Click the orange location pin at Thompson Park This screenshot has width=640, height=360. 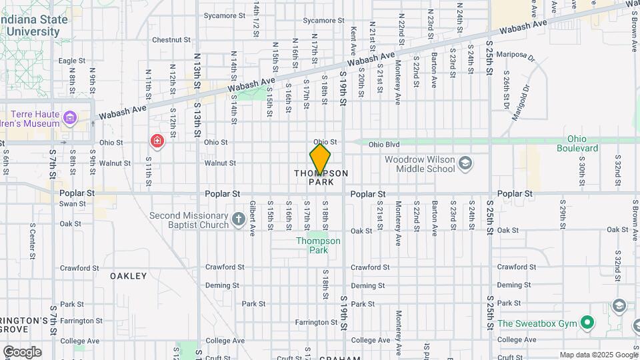point(320,160)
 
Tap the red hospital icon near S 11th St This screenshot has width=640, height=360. point(157,141)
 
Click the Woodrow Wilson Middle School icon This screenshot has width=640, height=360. point(465,163)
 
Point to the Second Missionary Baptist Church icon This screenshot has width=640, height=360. point(239,219)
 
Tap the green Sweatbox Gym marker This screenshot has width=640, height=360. point(587,324)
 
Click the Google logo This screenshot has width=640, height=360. point(21,352)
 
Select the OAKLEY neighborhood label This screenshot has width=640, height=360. point(128,275)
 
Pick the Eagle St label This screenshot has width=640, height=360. point(72,61)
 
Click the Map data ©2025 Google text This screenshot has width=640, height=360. point(599,355)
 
